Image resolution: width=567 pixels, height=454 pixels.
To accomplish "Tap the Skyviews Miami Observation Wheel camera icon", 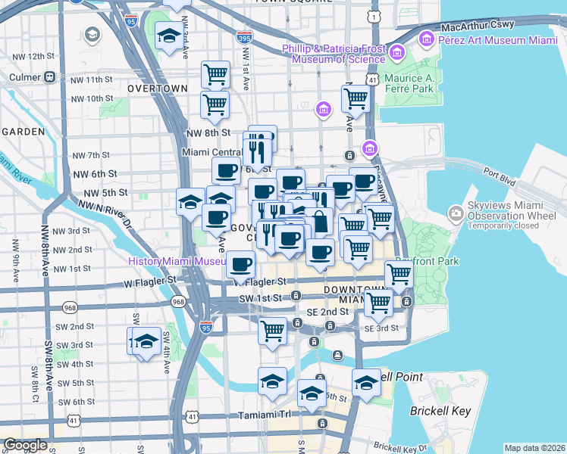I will (x=455, y=213).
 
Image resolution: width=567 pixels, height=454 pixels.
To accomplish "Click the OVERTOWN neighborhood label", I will (x=158, y=89).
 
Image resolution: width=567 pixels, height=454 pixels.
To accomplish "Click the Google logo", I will (x=25, y=445).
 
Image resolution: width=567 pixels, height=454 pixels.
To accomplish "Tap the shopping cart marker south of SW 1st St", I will (x=272, y=331).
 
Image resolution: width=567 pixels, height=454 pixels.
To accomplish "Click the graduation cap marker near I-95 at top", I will (x=169, y=34).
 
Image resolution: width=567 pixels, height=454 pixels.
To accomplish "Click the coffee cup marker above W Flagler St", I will (x=241, y=265).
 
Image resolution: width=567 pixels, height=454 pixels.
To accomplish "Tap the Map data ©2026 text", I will (x=534, y=448).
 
